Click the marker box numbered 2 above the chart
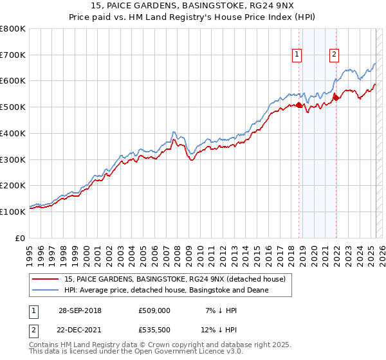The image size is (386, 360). (x=335, y=55)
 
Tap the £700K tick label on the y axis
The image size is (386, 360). (x=13, y=55)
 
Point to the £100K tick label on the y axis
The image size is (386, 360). (x=13, y=212)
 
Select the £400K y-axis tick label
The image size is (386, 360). (x=13, y=133)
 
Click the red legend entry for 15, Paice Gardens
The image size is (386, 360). (x=178, y=278)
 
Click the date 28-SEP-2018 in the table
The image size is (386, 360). (x=80, y=310)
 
